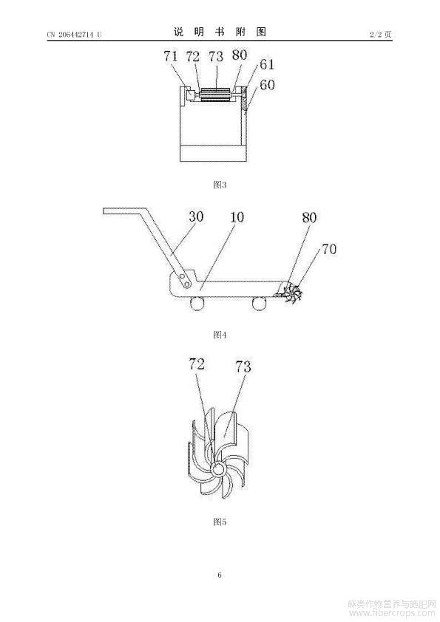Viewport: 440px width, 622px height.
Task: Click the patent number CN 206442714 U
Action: (74, 35)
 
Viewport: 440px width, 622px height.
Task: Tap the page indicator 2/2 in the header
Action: (375, 35)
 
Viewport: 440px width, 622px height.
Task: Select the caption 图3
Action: (220, 185)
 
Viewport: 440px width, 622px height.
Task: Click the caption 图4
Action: (220, 335)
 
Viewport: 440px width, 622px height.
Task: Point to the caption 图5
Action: (220, 522)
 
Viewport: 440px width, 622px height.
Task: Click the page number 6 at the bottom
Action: (220, 575)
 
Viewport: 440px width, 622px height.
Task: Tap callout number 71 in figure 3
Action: (171, 56)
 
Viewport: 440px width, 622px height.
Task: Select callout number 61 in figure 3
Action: (267, 64)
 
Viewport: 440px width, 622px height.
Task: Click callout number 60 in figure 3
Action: (267, 84)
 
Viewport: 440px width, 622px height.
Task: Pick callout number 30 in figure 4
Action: (196, 216)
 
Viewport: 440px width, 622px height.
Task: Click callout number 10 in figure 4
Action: (237, 217)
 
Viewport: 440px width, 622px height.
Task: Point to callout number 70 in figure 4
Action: (329, 249)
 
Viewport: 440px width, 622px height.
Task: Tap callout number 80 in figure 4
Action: (309, 217)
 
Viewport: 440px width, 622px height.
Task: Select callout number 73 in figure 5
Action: (243, 366)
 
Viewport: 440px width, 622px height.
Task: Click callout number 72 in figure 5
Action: (197, 363)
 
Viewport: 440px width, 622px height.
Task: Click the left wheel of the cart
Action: (197, 304)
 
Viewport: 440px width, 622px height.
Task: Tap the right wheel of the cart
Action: (259, 304)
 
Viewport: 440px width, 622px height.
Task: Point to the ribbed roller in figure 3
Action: (216, 95)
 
